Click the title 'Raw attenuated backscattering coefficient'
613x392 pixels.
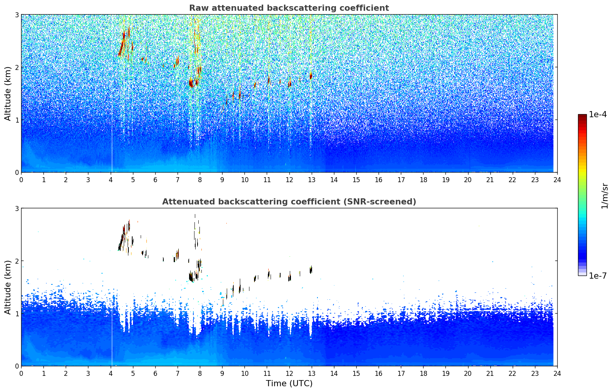(289, 8)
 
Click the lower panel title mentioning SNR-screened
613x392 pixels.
(289, 202)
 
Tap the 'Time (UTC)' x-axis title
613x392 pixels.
(289, 384)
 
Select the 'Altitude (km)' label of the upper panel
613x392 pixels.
(8, 93)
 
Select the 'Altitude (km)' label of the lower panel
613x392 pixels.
(8, 287)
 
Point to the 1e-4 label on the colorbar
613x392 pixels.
(598, 115)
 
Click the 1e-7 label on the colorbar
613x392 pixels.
(598, 276)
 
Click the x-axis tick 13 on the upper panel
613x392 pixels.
(311, 179)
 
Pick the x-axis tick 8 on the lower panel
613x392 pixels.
(200, 373)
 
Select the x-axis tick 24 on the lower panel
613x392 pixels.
(557, 373)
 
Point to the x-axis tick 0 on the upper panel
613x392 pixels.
(21, 179)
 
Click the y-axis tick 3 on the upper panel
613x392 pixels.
(17, 15)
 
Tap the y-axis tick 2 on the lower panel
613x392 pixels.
(17, 261)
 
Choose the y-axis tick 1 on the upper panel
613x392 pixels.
(17, 120)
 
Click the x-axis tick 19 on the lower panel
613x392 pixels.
(445, 373)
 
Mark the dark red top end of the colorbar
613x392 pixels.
(582, 116)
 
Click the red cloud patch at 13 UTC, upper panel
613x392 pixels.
(311, 76)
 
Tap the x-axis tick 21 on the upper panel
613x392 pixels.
(490, 179)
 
